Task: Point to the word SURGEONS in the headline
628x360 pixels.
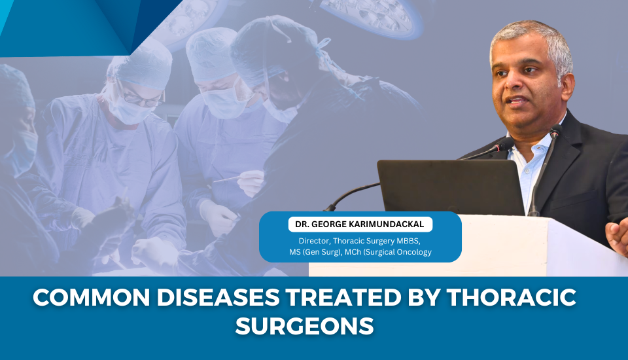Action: coord(304,325)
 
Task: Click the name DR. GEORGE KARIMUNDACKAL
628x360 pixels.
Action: coord(360,225)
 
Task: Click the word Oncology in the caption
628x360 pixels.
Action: coord(412,252)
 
